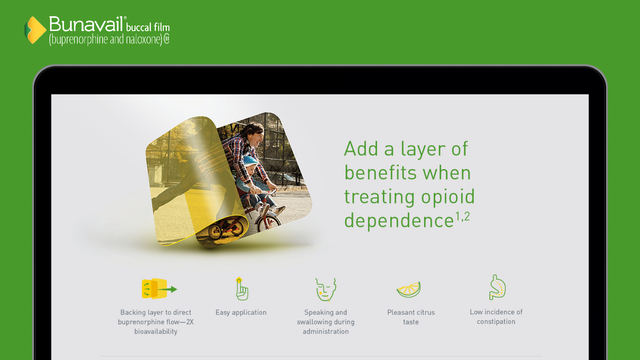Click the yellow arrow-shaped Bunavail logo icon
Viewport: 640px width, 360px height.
(x=35, y=30)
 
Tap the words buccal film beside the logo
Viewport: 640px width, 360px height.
(x=148, y=27)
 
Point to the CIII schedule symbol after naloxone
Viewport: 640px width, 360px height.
(x=167, y=39)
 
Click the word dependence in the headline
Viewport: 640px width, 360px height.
(x=399, y=221)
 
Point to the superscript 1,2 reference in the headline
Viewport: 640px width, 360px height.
(x=462, y=216)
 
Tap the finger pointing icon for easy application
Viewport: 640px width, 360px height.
(x=242, y=289)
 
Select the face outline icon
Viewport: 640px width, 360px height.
(x=325, y=290)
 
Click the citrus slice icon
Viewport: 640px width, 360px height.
(x=409, y=289)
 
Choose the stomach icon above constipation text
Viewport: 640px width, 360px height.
(x=497, y=287)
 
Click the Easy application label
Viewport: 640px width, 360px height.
(x=241, y=312)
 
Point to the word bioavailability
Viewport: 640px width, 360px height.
(x=156, y=332)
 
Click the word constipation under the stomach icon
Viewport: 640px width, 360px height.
(x=496, y=322)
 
